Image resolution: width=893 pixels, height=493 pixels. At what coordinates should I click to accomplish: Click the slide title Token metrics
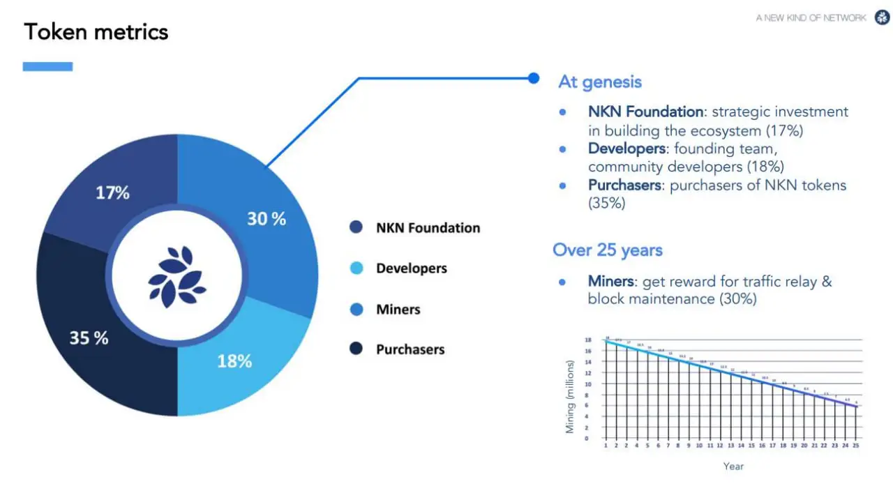(96, 32)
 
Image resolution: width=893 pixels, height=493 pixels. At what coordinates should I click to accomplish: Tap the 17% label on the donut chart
(112, 192)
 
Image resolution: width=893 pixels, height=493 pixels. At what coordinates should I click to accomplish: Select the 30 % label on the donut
(267, 219)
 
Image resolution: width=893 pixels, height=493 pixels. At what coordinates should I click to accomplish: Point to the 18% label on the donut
(234, 361)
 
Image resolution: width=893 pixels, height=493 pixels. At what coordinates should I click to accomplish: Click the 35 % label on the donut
(89, 338)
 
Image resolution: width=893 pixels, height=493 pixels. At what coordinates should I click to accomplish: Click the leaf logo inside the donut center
(177, 277)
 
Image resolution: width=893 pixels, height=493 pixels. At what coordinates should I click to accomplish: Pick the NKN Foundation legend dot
(357, 227)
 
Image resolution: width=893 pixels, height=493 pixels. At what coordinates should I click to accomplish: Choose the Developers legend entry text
(411, 268)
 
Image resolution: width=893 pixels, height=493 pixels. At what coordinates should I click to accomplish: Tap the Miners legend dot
(357, 309)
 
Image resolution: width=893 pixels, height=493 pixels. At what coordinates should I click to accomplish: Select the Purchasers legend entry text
(410, 349)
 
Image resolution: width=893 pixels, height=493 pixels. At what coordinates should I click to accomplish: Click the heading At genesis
(599, 82)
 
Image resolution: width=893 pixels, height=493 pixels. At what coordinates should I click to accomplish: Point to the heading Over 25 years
(607, 250)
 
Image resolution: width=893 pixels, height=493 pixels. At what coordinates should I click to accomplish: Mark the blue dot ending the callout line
(534, 78)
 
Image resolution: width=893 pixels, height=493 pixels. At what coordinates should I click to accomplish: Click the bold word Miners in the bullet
(611, 282)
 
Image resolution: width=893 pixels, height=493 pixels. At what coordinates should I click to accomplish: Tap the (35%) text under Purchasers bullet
(607, 204)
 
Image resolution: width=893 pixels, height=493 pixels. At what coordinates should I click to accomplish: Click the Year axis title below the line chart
(733, 466)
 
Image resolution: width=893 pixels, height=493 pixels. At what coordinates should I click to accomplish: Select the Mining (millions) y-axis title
(570, 396)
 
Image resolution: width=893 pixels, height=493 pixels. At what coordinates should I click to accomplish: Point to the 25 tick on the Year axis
(856, 445)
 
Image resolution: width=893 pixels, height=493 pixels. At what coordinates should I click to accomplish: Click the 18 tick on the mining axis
(588, 340)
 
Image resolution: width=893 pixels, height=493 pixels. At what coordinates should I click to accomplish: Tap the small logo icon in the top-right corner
(880, 17)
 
